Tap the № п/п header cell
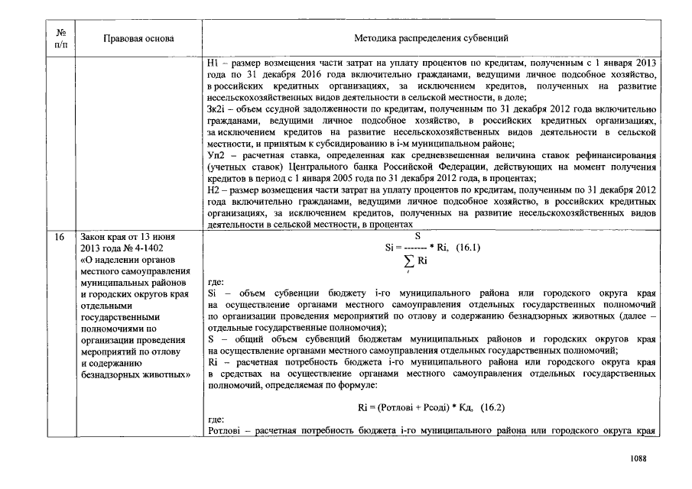(x=60, y=37)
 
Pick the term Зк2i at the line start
(x=217, y=109)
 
